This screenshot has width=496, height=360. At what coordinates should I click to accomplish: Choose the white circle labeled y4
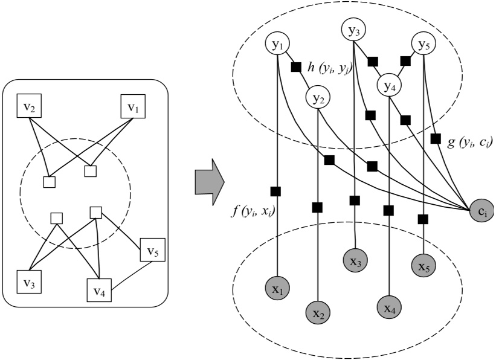point(390,85)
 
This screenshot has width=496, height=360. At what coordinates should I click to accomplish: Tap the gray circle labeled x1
point(278,289)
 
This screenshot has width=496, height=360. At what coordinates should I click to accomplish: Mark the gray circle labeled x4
point(390,308)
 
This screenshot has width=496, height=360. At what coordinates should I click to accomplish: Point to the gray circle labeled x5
point(424,265)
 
